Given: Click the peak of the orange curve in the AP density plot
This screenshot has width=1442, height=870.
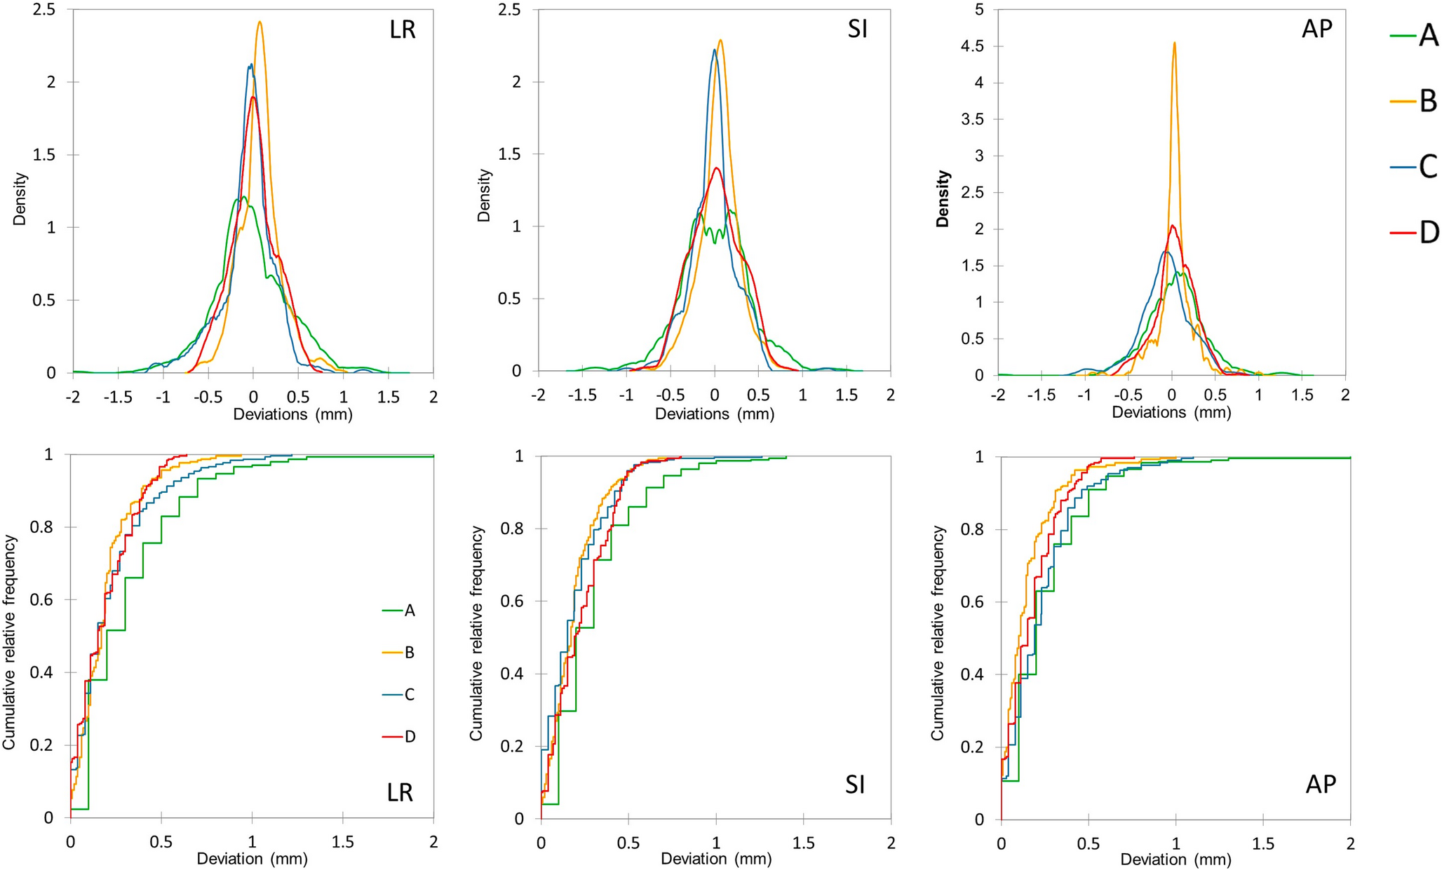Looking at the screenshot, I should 1174,43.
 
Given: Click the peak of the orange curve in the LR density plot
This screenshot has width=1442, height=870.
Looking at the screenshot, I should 260,22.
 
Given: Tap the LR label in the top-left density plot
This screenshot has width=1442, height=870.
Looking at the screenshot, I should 403,30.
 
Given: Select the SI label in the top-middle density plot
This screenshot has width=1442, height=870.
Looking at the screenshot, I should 857,29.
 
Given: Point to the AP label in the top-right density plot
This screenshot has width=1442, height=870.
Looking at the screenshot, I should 1316,29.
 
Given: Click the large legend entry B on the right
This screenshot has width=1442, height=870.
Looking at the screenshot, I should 1428,102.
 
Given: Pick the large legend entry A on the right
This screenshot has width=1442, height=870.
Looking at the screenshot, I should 1428,36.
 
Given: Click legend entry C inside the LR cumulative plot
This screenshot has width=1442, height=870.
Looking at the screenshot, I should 410,695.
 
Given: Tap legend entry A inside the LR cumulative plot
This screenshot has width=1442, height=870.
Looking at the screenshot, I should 410,611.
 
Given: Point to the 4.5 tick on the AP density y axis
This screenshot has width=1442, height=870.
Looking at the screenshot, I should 973,46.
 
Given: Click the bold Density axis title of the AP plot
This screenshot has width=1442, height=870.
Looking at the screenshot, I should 943,198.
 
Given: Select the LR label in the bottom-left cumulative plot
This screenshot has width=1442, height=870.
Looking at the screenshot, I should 400,792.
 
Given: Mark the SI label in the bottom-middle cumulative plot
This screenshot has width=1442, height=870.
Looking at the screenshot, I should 855,784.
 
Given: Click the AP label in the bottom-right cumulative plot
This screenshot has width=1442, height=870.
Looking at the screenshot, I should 1321,784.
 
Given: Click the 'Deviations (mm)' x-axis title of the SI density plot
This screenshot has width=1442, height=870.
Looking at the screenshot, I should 714,414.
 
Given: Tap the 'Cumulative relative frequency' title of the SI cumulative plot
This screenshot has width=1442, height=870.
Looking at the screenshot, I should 476,633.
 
